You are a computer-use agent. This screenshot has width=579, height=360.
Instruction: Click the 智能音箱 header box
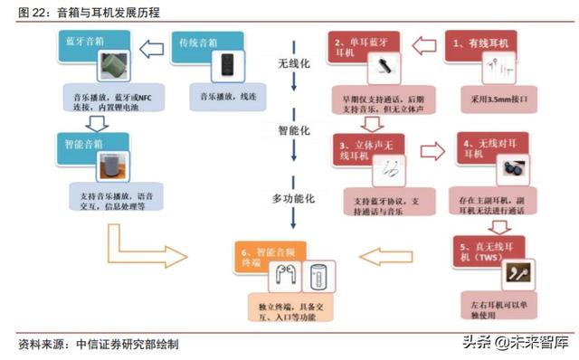[x=87, y=141]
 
